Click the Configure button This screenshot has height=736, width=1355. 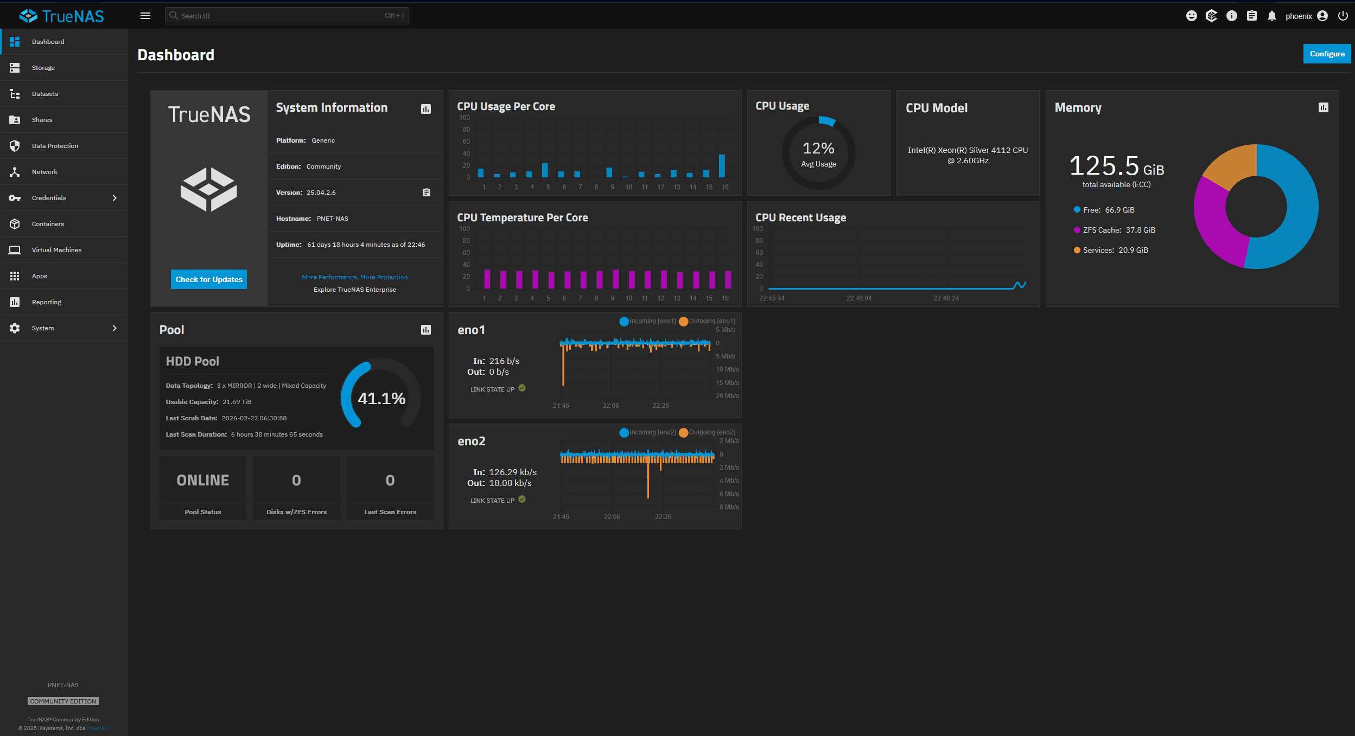click(x=1326, y=54)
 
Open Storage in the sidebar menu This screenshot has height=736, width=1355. click(x=43, y=68)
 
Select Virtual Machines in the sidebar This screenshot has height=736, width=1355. click(x=56, y=250)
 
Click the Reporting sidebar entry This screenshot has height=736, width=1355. click(x=47, y=302)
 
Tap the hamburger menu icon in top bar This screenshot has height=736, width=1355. click(x=145, y=16)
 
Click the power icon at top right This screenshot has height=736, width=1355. click(x=1343, y=16)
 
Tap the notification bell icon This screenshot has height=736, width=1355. click(x=1271, y=16)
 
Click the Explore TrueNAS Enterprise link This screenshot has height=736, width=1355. click(x=355, y=290)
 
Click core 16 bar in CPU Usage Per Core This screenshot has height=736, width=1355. click(x=722, y=166)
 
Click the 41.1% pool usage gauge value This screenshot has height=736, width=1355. click(x=381, y=399)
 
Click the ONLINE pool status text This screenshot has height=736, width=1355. click(x=203, y=480)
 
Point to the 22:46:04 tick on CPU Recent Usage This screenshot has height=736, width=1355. click(x=859, y=298)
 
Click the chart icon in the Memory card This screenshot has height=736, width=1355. click(x=1324, y=107)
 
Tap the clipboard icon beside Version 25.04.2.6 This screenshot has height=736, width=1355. click(x=427, y=193)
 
